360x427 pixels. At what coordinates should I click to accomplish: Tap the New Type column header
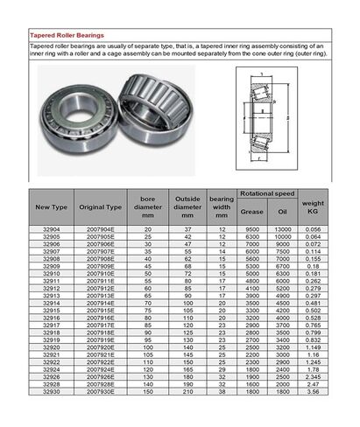(x=50, y=206)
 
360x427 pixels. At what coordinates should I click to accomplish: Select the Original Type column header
(x=100, y=206)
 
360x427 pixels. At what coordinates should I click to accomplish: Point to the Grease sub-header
(x=251, y=210)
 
